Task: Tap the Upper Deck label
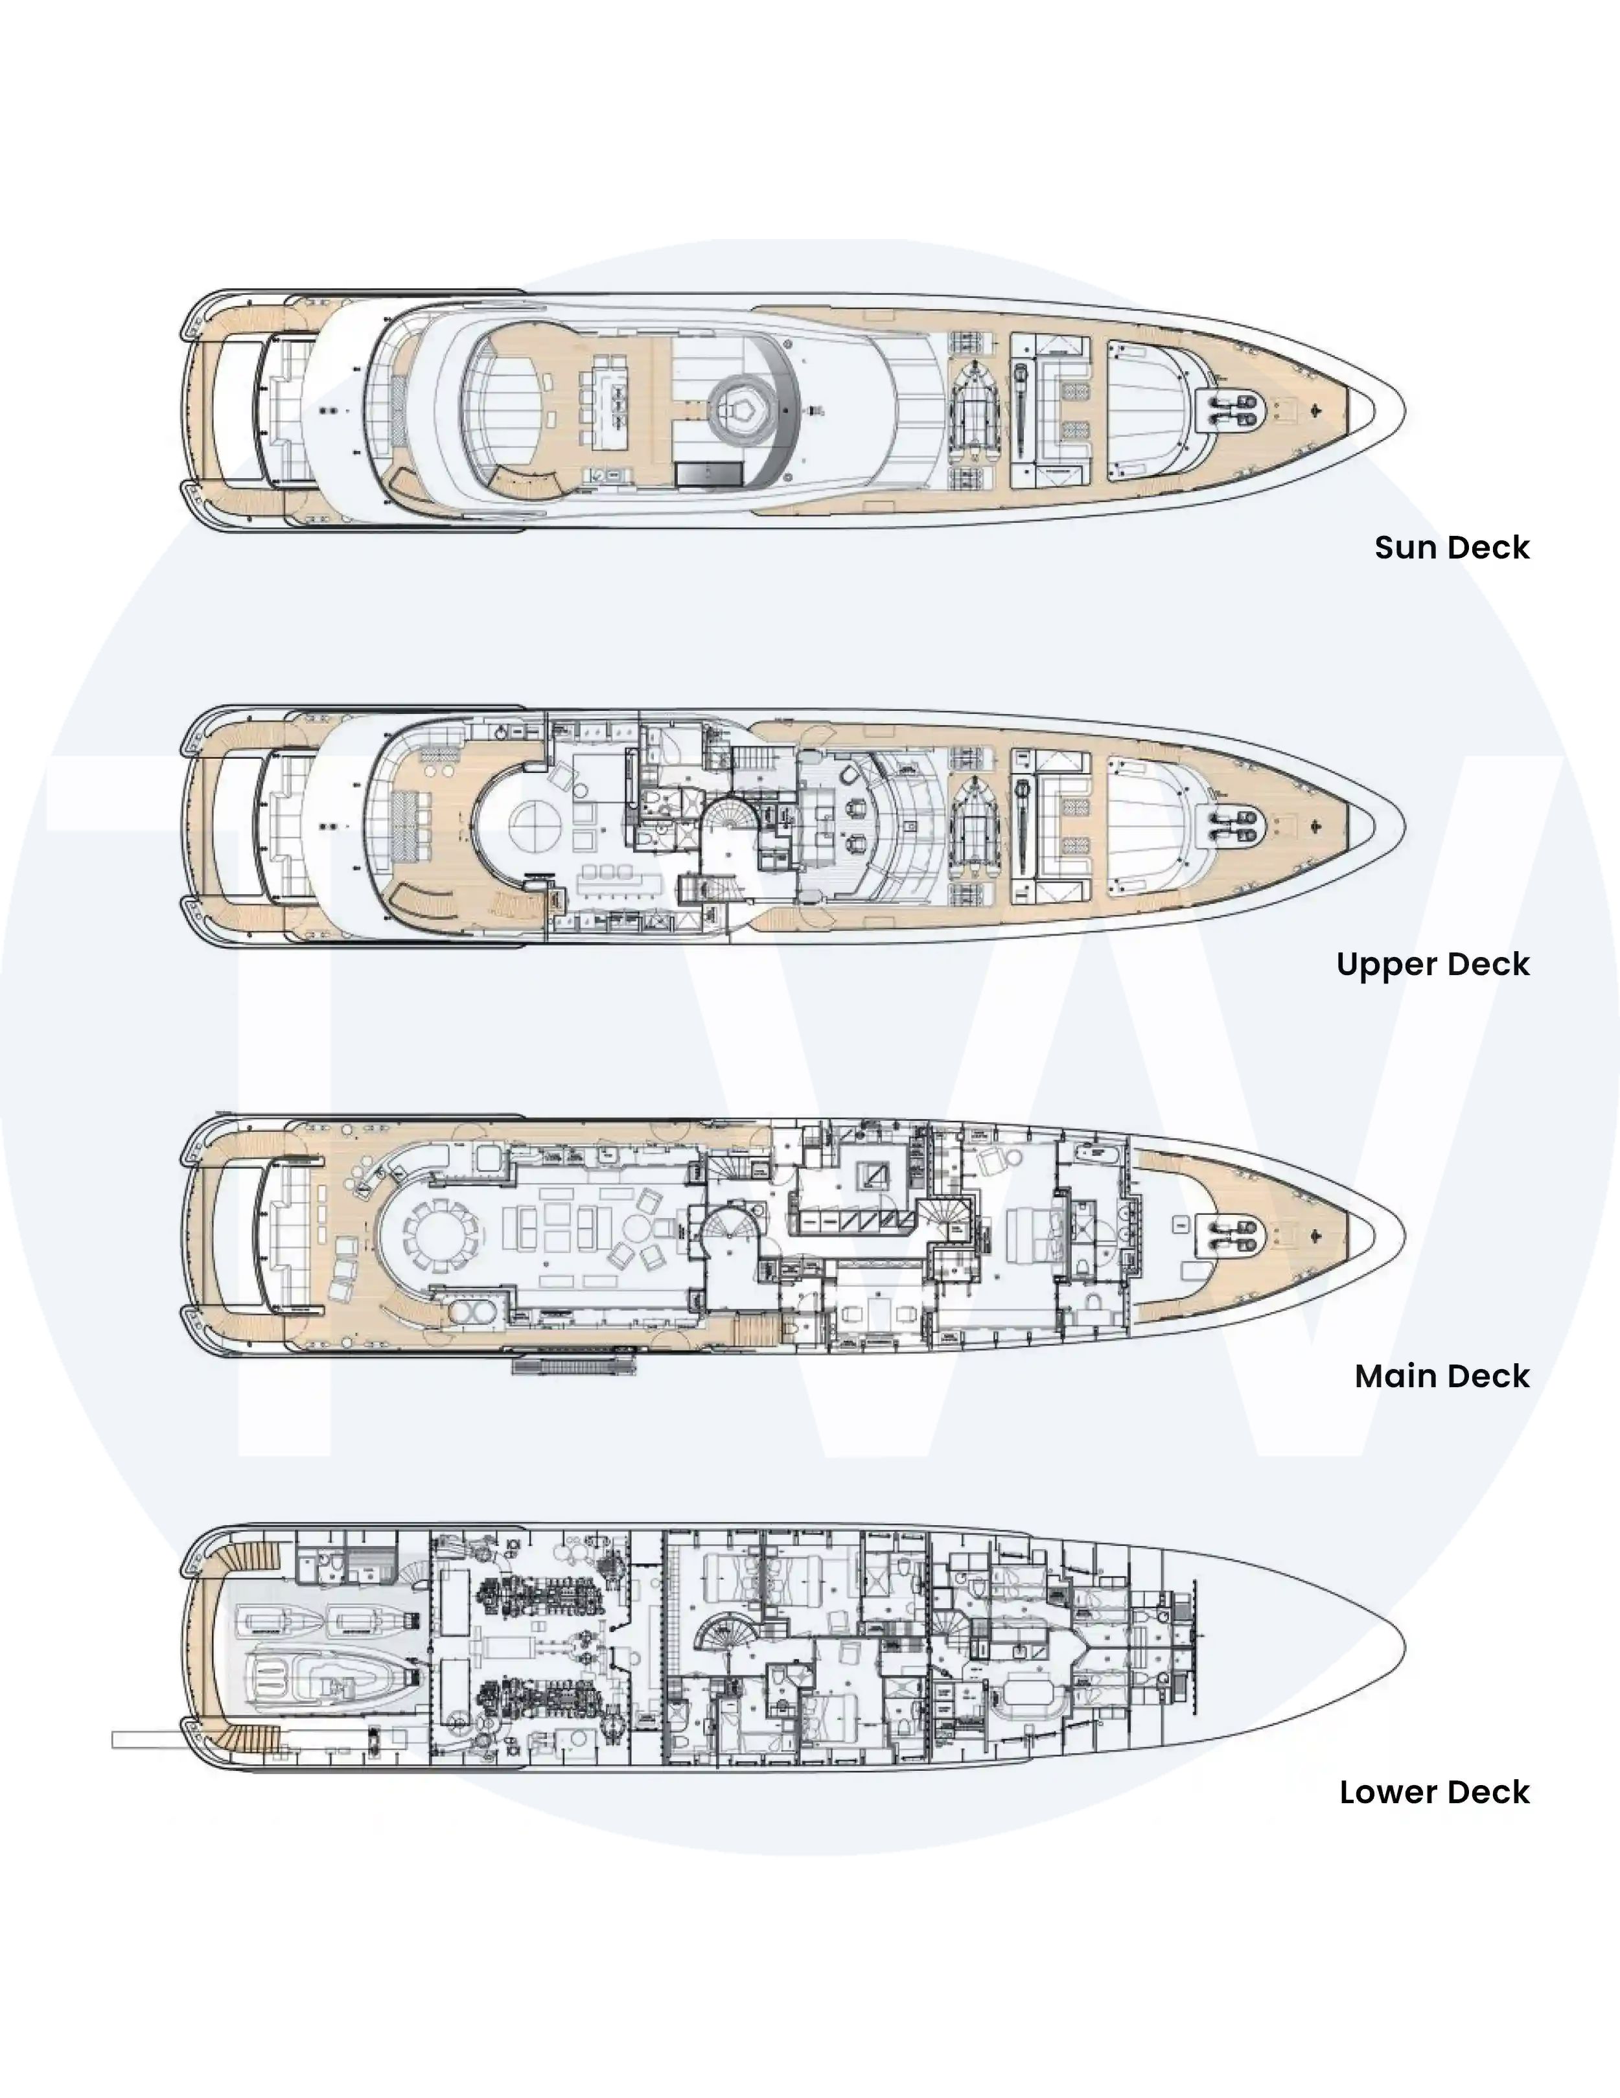[x=1433, y=965]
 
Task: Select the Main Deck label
[x=1441, y=1377]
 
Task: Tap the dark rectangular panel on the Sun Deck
[x=709, y=474]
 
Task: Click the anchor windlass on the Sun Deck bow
[x=1232, y=410]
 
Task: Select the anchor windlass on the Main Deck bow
[x=1232, y=1236]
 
